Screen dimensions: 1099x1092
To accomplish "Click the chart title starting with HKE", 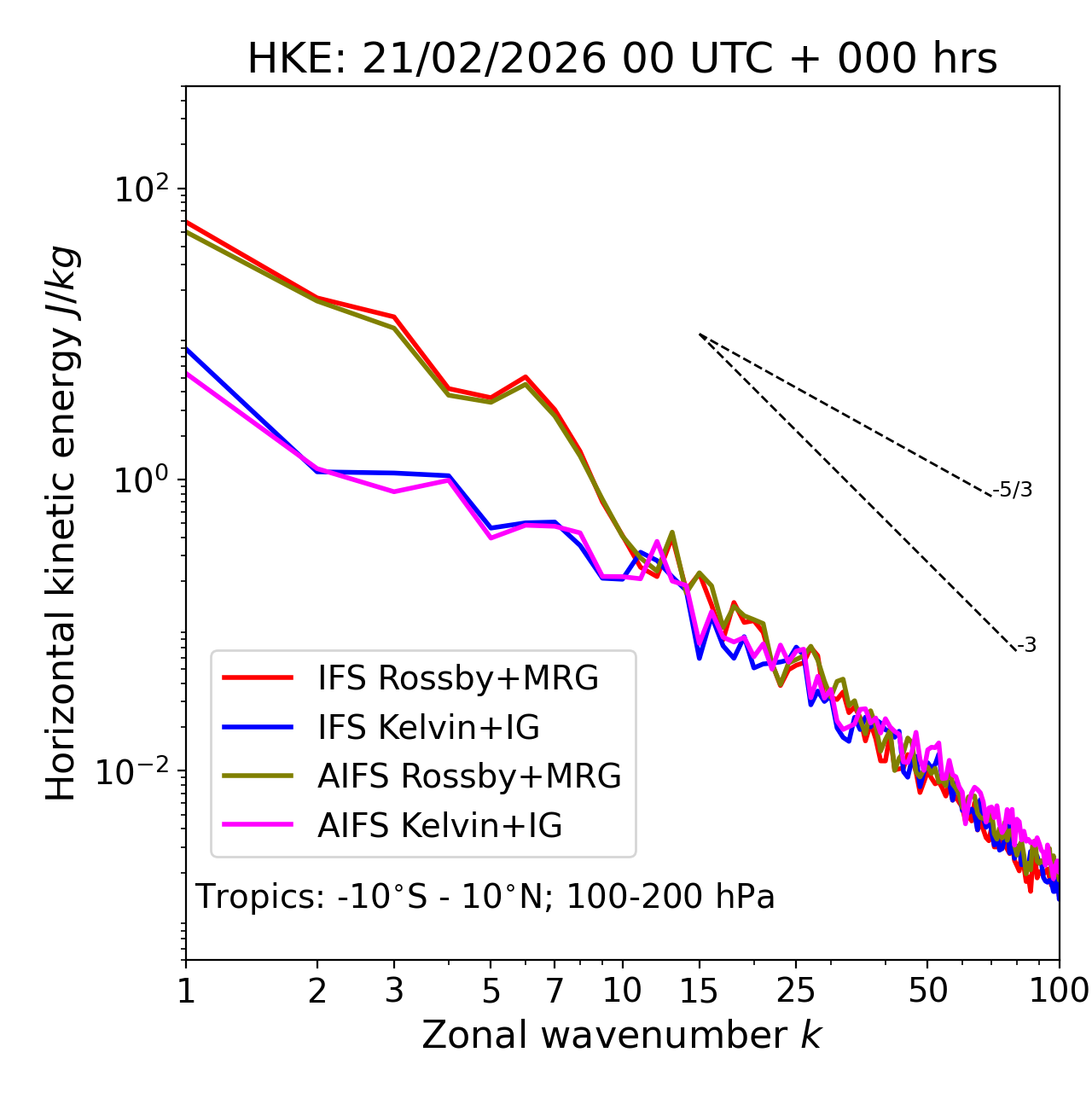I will [622, 60].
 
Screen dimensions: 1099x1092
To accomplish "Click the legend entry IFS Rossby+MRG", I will [457, 678].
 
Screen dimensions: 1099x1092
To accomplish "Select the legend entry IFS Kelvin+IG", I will [428, 728].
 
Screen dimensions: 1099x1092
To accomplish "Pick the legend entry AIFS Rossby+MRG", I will [469, 776].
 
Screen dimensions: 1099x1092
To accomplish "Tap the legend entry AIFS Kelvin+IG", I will [439, 826].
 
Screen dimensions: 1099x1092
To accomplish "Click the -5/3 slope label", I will [1013, 490].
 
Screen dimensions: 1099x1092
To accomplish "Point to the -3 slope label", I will [1026, 646].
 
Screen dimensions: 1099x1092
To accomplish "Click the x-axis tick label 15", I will [699, 991].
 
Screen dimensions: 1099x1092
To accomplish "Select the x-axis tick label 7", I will [555, 991].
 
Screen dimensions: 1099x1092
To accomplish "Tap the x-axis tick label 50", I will [927, 991].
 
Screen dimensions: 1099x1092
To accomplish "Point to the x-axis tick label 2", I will [317, 991].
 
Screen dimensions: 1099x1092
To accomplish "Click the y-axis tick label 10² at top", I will [140, 189].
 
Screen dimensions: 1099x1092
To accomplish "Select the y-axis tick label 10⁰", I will [140, 480].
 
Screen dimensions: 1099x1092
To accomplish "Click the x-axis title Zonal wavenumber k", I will [622, 1036].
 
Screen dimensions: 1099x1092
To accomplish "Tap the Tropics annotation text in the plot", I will [485, 898].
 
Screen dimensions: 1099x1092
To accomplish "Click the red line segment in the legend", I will [258, 678].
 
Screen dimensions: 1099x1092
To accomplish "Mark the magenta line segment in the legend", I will [258, 826].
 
